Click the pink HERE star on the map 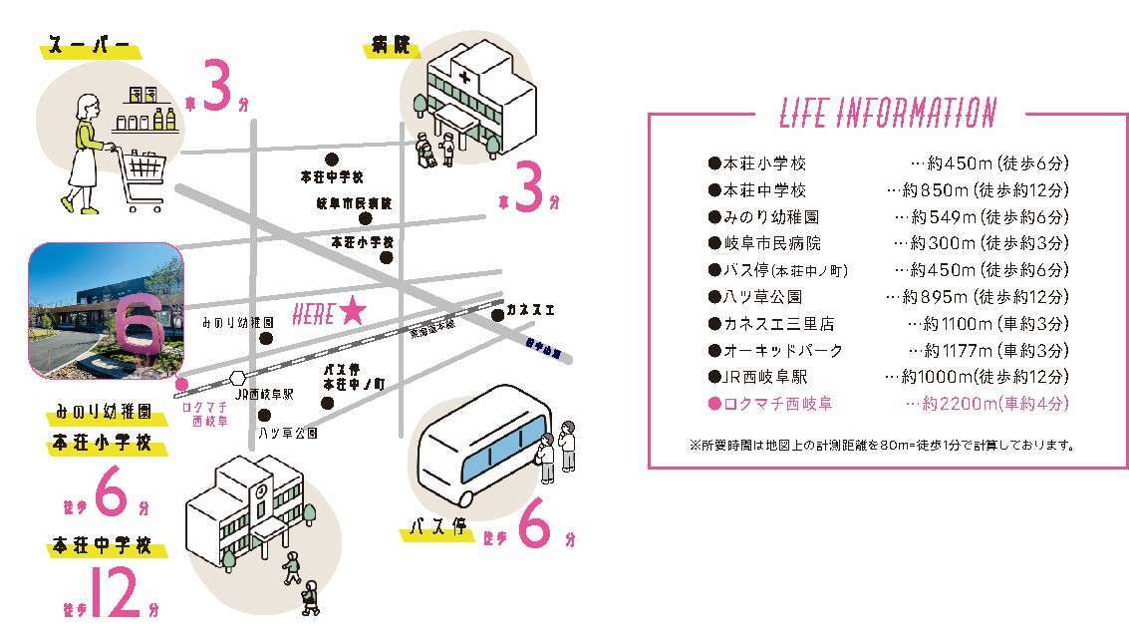(x=352, y=313)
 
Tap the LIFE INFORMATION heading (x=886, y=113)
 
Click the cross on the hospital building (x=463, y=76)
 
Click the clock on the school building (x=260, y=491)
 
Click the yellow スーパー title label (x=90, y=48)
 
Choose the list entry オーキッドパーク (x=775, y=350)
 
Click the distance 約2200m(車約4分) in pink (x=987, y=404)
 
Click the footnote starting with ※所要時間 (x=881, y=445)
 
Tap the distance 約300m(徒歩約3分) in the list (x=983, y=242)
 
